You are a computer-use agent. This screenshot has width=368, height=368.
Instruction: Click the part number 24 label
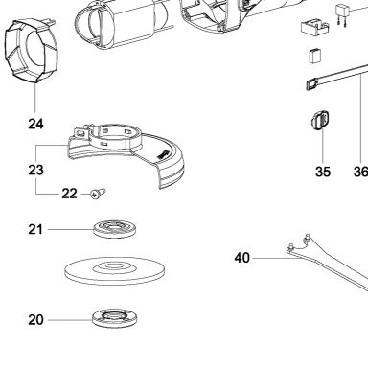[35, 124]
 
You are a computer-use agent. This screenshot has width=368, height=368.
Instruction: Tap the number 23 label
[35, 170]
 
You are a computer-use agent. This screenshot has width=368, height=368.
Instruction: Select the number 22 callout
[69, 194]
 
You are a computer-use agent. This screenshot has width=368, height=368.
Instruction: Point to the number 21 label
[35, 229]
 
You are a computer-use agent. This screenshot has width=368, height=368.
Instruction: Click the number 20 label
[35, 320]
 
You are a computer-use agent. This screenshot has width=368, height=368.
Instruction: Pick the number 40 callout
[241, 258]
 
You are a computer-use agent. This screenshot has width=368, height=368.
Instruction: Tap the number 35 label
[322, 172]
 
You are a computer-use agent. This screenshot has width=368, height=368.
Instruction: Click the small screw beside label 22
[98, 194]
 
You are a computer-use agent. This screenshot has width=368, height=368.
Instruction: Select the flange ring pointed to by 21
[115, 228]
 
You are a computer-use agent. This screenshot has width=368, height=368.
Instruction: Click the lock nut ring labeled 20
[115, 318]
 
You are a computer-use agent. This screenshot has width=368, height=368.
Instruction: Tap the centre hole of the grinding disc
[114, 265]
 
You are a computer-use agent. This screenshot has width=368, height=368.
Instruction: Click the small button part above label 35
[319, 121]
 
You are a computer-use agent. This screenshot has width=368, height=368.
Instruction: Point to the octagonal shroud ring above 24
[32, 52]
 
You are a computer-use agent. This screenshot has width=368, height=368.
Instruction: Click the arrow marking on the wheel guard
[163, 154]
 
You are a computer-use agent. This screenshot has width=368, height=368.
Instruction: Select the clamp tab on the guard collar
[80, 133]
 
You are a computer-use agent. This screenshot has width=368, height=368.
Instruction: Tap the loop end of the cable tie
[311, 85]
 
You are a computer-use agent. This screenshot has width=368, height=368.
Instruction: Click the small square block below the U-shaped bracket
[315, 56]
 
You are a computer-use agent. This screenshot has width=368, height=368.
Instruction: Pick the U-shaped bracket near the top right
[313, 27]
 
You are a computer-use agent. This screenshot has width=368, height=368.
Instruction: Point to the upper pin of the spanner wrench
[308, 237]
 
